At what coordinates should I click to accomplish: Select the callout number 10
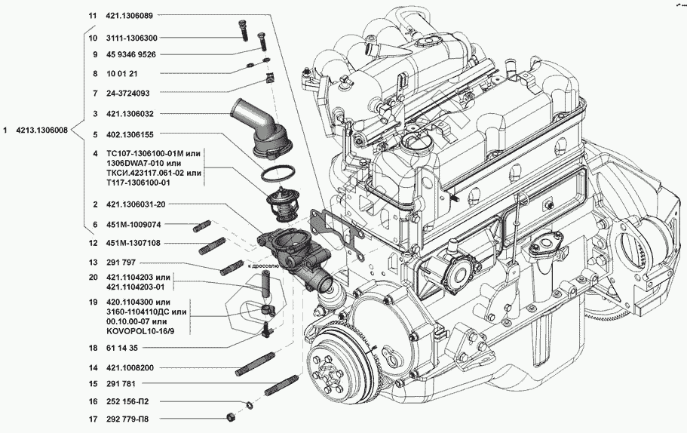click(x=94, y=37)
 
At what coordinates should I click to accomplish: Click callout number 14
click(x=94, y=367)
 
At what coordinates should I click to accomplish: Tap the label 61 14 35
click(x=122, y=348)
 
